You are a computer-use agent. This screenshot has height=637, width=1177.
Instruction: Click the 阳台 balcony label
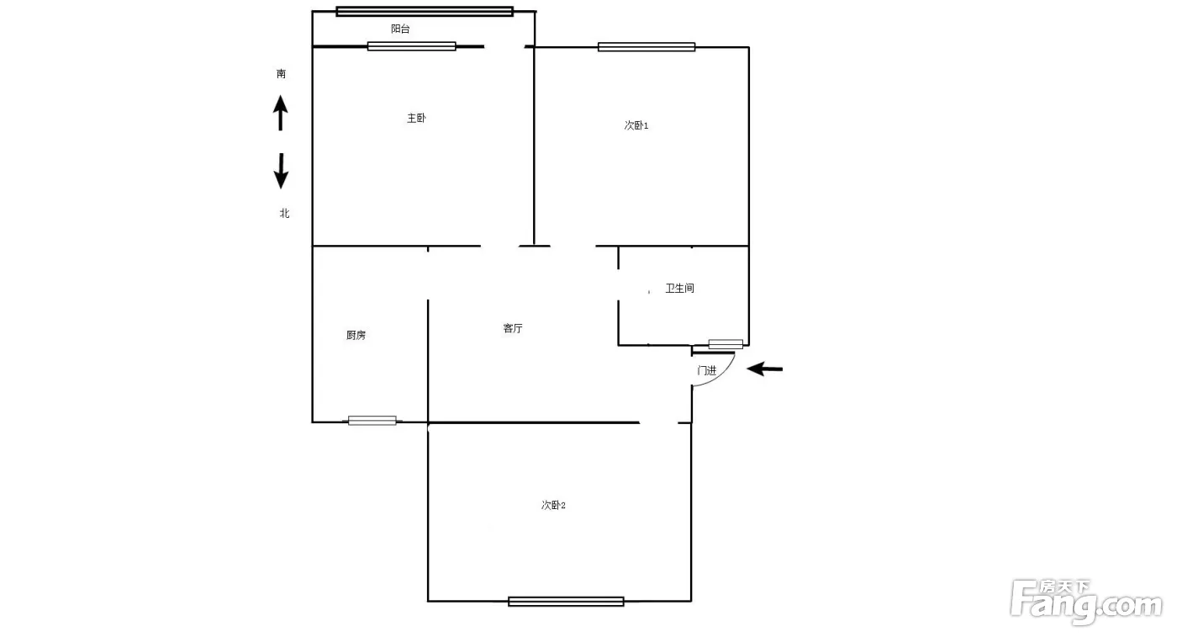pos(400,29)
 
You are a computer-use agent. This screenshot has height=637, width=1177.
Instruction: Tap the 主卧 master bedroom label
pos(416,118)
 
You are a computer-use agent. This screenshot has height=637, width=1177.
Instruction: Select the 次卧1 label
pos(636,125)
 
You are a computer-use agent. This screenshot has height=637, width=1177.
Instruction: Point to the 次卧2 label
pos(553,505)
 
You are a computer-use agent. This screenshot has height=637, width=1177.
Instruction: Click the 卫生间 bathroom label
pos(680,289)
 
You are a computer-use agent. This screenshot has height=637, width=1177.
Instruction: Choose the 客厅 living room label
pos(513,328)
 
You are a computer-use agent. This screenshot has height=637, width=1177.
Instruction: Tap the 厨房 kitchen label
pos(356,335)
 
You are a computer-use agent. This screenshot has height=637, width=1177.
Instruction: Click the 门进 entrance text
pos(707,371)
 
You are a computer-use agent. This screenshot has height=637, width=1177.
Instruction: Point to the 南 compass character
pos(281,74)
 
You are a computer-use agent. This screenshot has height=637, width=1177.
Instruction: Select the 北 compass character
pos(284,213)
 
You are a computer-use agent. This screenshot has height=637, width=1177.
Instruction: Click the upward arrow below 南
pos(281,113)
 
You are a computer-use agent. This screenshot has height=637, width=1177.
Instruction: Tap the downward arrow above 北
pos(281,171)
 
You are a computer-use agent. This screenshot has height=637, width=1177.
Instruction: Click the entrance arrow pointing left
pos(764,369)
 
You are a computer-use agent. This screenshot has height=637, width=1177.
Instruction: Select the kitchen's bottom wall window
pos(372,421)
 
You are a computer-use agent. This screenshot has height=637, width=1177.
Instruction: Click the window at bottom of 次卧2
pos(566,601)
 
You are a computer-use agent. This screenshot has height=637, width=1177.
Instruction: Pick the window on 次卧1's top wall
pos(647,47)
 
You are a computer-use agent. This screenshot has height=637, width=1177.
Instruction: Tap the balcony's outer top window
pos(425,11)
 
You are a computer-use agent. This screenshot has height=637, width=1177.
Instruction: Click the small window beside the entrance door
pos(726,344)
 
